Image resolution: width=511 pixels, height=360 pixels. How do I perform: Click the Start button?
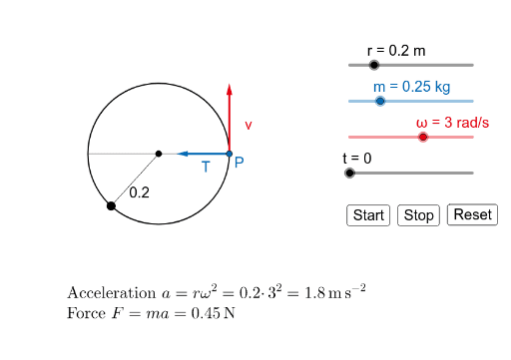tap(368, 215)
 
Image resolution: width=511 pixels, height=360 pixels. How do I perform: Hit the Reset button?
tap(472, 214)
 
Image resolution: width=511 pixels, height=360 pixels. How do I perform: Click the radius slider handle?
tap(374, 65)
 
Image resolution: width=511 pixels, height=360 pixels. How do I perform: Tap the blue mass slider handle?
tap(380, 101)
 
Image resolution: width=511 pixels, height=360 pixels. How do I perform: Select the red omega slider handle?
tap(423, 137)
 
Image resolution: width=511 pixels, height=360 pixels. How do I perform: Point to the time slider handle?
tap(349, 173)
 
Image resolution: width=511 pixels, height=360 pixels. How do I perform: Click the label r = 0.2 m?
tap(396, 49)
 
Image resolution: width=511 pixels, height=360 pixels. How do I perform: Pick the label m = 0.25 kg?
tap(412, 86)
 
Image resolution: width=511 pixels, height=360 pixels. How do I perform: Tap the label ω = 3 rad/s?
tap(453, 122)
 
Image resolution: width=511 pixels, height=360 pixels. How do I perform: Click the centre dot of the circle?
tap(159, 154)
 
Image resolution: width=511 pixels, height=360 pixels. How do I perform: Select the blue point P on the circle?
tap(229, 154)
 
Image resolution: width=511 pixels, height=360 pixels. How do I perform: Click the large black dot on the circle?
tap(110, 205)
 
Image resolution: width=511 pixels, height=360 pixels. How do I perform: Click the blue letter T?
tap(206, 168)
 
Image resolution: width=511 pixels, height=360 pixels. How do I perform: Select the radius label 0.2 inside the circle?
tap(139, 191)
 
